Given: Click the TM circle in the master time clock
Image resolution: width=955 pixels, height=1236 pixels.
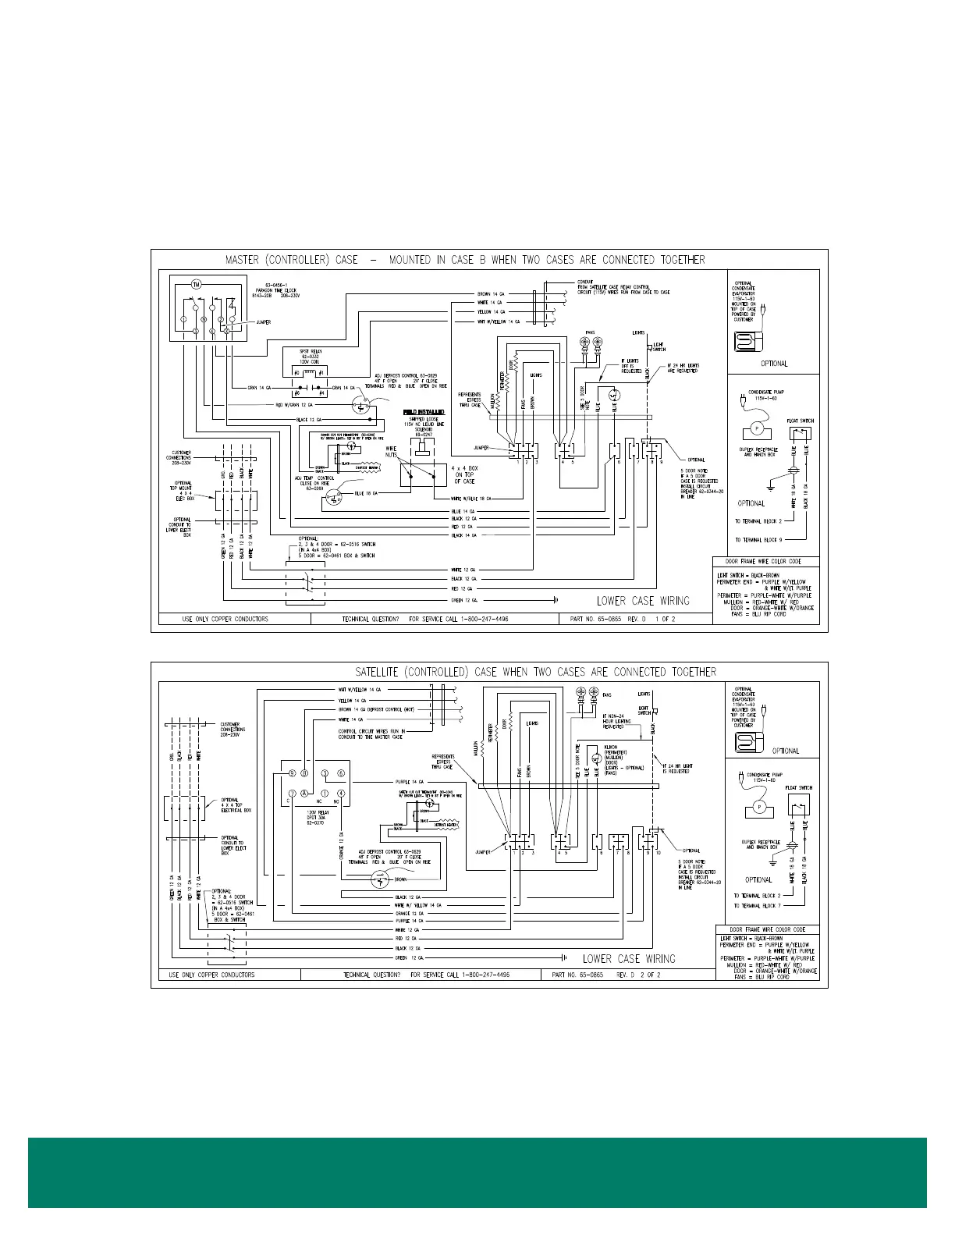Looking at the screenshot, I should pyautogui.click(x=197, y=284).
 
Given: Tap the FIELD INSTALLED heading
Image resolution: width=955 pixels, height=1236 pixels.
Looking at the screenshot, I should pyautogui.click(x=424, y=411).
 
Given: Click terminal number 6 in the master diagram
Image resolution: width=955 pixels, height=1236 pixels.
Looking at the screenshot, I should pyautogui.click(x=619, y=462).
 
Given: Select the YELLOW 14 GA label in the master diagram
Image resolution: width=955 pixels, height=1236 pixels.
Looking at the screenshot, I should pyautogui.click(x=490, y=311).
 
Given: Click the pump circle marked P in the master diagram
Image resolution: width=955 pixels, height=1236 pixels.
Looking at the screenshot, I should pyautogui.click(x=755, y=428).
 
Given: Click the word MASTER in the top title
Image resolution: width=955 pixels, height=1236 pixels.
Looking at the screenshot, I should pyautogui.click(x=242, y=260).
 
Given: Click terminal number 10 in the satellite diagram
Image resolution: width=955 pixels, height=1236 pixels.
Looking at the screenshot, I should pyautogui.click(x=659, y=853).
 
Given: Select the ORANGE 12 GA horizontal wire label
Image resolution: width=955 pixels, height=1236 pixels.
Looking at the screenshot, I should pyautogui.click(x=409, y=913).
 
